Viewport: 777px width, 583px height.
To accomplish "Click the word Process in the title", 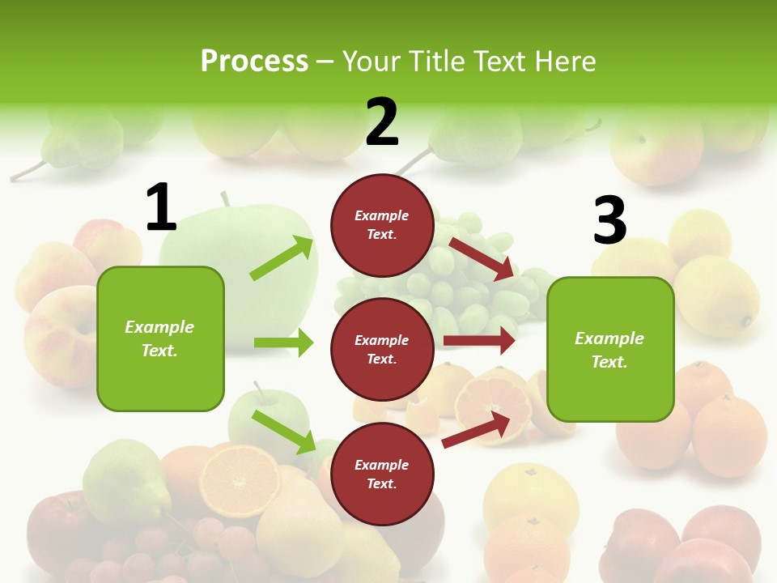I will point(254,62).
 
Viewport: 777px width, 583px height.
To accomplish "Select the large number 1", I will point(161,208).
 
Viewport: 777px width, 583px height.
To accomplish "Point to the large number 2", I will point(382,122).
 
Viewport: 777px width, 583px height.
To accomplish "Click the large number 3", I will point(609,220).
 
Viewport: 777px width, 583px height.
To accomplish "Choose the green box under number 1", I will point(160,338).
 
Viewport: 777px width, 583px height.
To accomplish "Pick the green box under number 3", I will point(610,349).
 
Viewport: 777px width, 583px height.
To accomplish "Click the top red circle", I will point(382,225).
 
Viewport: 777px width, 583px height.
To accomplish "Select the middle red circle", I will point(382,349).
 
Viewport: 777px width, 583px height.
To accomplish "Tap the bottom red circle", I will point(382,474).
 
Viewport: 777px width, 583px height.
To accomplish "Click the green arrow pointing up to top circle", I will point(282,258).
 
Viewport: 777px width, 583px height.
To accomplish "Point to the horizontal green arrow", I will point(283,343).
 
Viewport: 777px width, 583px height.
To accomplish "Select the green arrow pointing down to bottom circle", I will point(284,432).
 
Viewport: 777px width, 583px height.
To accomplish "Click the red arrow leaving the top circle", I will point(482,258).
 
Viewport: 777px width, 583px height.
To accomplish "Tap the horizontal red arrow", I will point(479,340).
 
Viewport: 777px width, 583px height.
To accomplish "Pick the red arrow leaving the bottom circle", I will point(477,430).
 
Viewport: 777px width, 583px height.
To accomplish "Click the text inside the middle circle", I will point(382,349).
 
